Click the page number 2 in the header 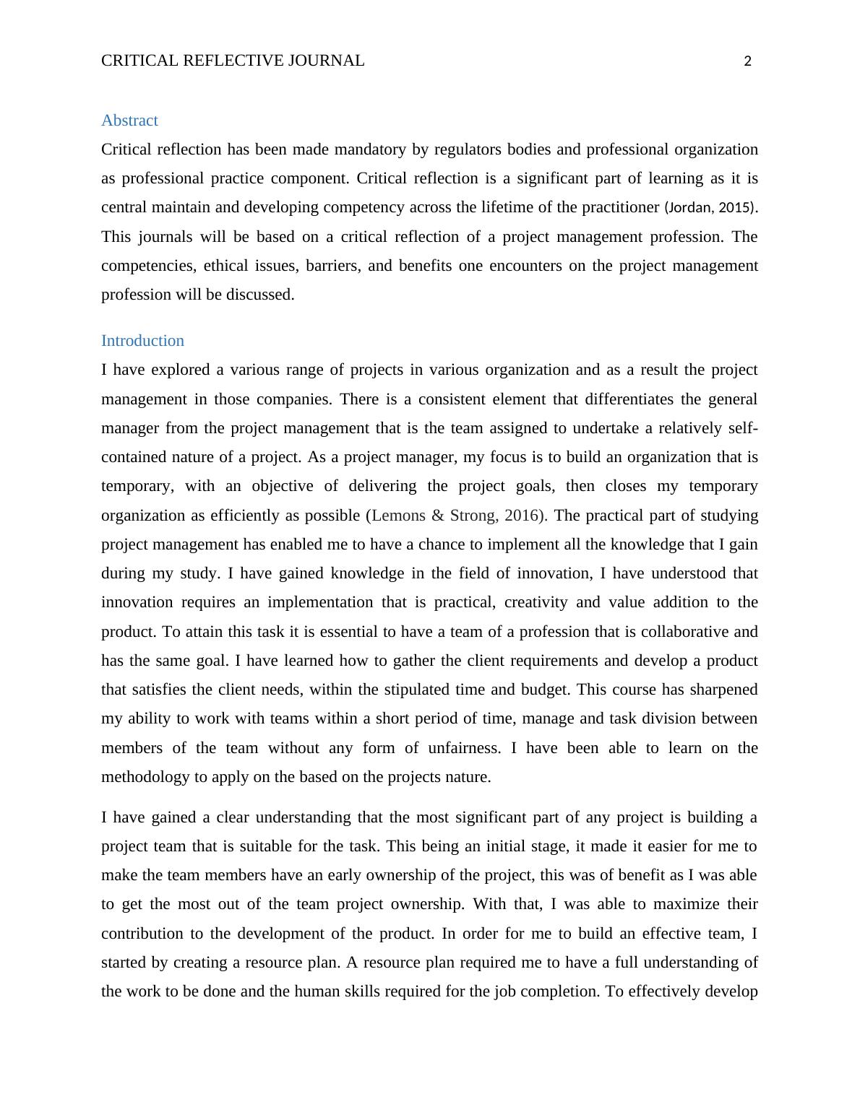click(747, 61)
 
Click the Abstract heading click(129, 121)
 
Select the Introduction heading click(142, 341)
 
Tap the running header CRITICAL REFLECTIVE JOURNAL click(233, 61)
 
